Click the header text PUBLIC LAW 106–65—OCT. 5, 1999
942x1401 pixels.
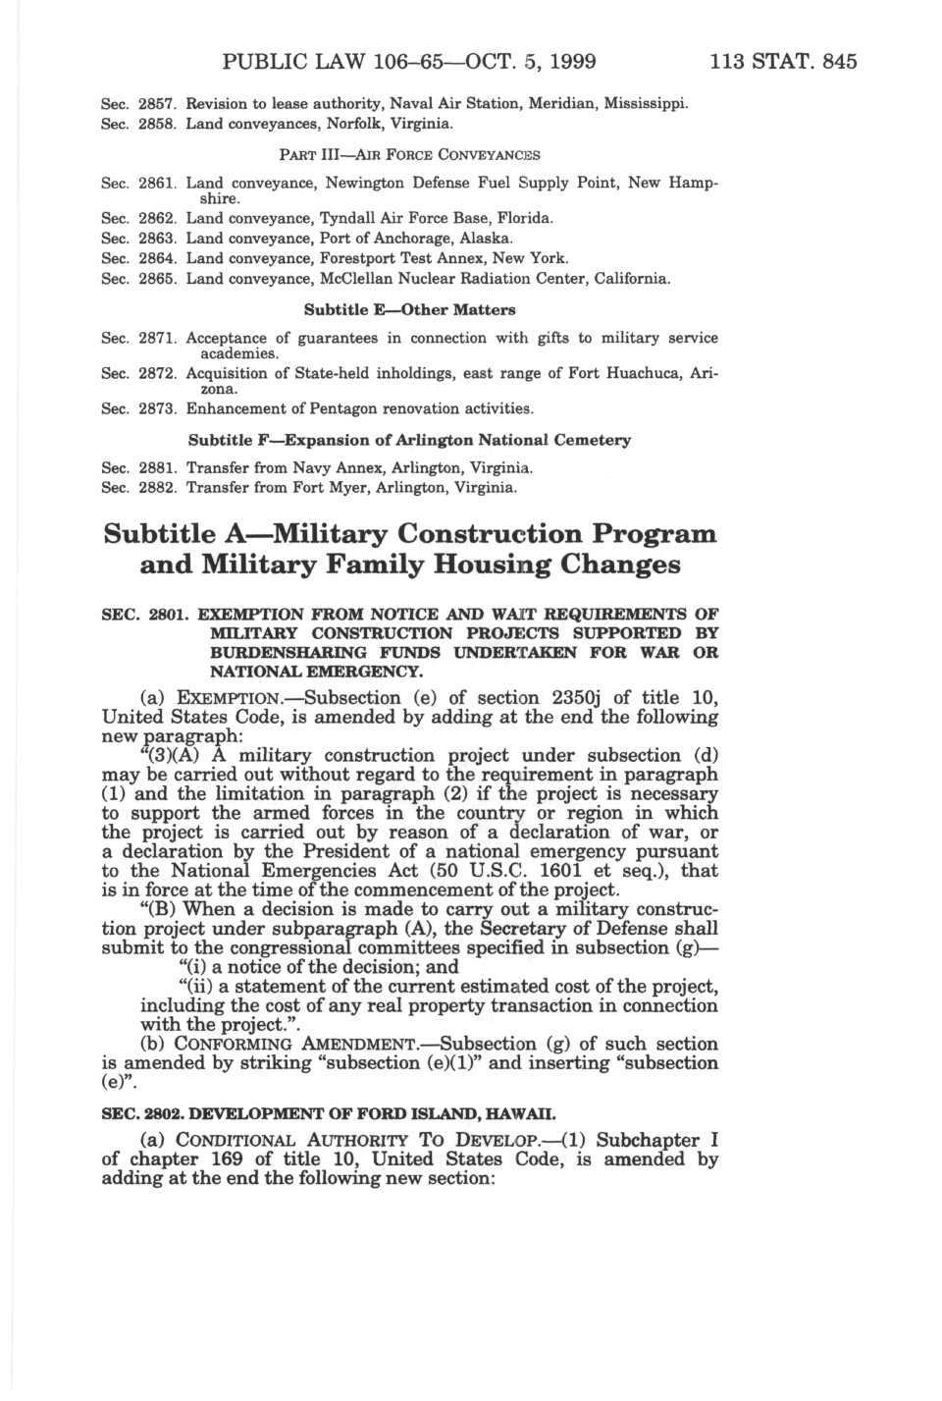click(x=409, y=62)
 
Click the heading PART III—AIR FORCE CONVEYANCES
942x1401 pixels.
click(x=409, y=154)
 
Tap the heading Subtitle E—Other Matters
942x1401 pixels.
click(x=409, y=310)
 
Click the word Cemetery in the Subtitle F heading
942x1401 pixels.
click(x=593, y=440)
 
